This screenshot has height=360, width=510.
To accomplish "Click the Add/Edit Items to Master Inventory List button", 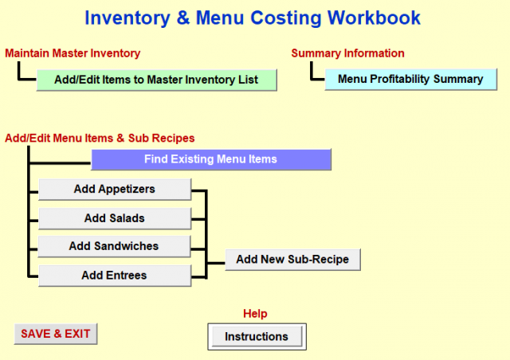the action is [x=156, y=80].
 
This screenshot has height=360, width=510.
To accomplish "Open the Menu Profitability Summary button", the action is [x=411, y=79].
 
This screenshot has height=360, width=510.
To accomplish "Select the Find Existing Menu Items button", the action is [x=210, y=159].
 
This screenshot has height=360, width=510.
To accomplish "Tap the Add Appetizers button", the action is [x=115, y=190].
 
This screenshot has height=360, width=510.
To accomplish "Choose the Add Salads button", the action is [x=115, y=218].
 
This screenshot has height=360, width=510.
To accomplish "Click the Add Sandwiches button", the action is [x=114, y=246].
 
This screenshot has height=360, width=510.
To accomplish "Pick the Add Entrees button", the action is [x=115, y=276].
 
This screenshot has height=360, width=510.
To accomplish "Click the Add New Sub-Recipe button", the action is [x=292, y=260].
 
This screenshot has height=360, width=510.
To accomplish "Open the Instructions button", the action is [x=257, y=337].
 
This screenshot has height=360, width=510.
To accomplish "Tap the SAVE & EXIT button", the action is [x=56, y=334].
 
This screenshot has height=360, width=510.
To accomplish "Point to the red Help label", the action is [x=255, y=314].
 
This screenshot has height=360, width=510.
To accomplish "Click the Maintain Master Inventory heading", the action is [x=73, y=53].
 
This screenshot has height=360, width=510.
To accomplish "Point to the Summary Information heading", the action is [x=347, y=53].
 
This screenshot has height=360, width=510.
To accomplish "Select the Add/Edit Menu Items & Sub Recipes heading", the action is [x=100, y=139].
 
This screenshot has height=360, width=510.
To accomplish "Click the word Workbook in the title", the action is [x=374, y=18].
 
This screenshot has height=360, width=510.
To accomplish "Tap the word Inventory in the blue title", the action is [x=127, y=18].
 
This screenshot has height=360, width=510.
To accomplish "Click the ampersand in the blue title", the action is [x=183, y=18].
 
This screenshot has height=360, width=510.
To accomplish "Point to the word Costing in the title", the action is [x=286, y=18].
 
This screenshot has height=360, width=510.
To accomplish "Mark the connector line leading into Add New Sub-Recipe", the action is [x=216, y=263].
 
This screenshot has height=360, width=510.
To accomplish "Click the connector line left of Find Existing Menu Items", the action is [x=61, y=162].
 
